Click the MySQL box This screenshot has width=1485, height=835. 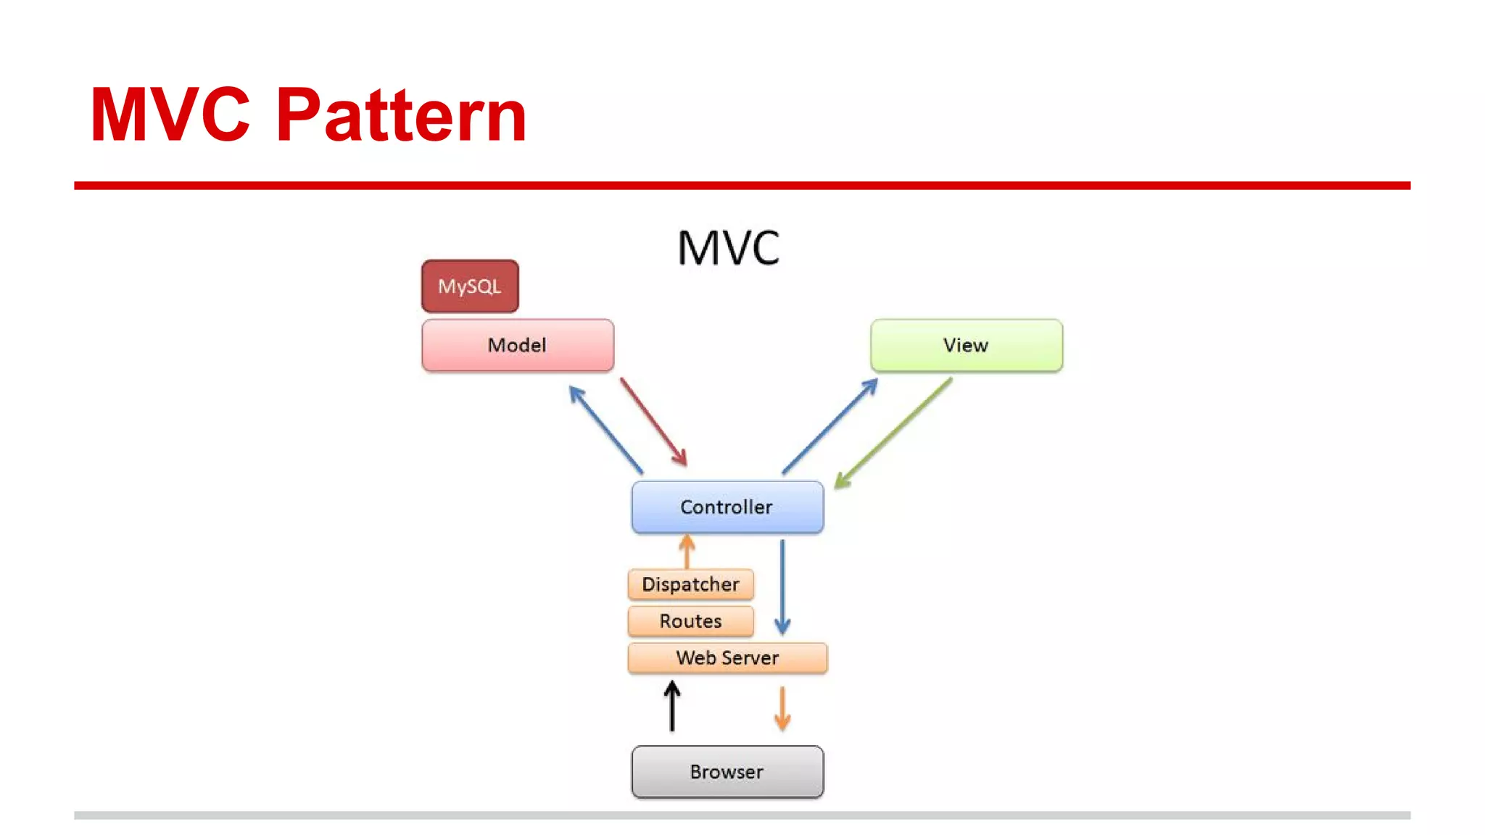470,286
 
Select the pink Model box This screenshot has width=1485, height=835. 517,345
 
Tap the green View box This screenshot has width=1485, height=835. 966,345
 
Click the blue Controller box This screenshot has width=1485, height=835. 727,507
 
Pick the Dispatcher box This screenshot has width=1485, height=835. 690,584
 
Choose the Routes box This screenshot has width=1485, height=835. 690,621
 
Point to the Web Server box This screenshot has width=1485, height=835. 727,657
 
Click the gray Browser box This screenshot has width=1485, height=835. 727,771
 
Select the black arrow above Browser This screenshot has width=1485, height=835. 672,706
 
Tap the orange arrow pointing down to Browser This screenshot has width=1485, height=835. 782,709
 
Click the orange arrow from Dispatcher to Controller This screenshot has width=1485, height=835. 687,552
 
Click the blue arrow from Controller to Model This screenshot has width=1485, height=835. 605,429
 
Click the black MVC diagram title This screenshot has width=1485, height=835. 727,248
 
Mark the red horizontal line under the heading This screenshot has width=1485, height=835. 742,186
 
